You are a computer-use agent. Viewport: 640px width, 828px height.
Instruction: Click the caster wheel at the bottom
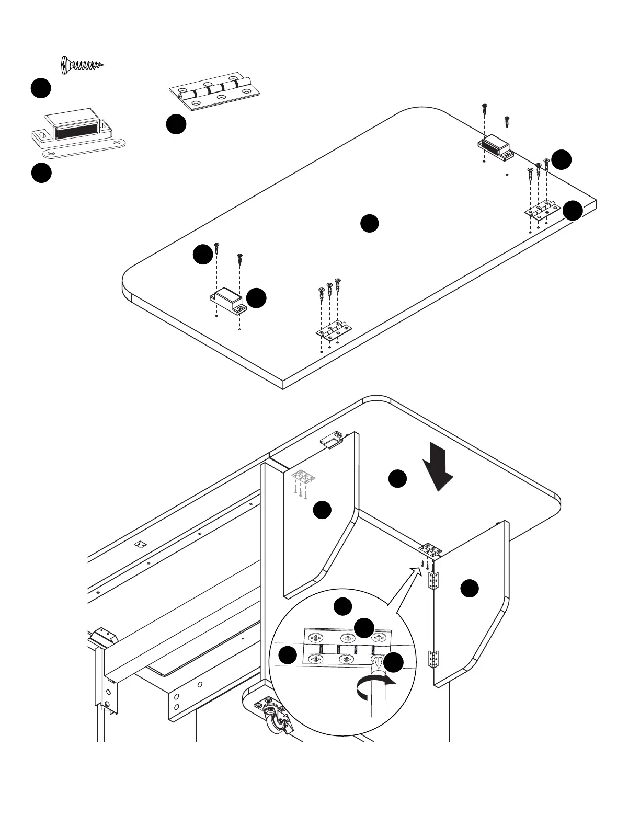click(x=275, y=721)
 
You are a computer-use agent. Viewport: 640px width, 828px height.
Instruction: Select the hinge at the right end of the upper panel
click(x=541, y=209)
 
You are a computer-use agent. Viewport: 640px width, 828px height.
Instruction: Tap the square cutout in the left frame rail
click(x=140, y=544)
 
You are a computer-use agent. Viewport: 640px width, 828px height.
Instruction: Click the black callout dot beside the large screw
click(x=40, y=88)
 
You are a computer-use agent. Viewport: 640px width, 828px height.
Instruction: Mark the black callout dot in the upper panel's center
click(x=369, y=223)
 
